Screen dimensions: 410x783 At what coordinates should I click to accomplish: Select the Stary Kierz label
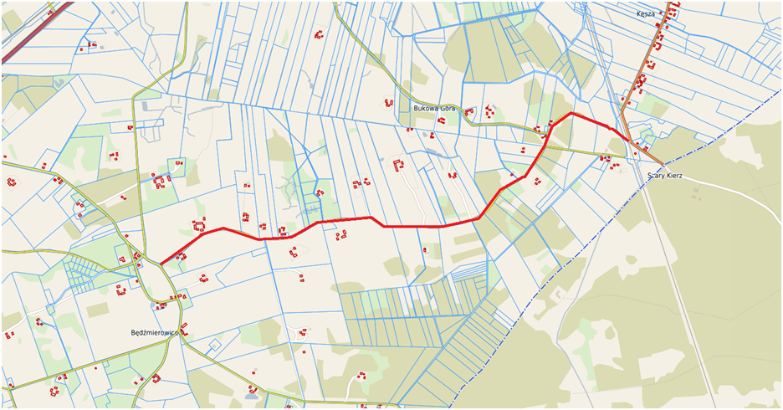(666, 176)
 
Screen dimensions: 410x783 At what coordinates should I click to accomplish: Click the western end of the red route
(161, 264)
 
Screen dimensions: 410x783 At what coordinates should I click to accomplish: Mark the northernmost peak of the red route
(571, 112)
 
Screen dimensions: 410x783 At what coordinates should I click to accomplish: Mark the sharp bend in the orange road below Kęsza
(622, 109)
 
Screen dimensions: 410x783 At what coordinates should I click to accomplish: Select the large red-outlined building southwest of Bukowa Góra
(398, 165)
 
